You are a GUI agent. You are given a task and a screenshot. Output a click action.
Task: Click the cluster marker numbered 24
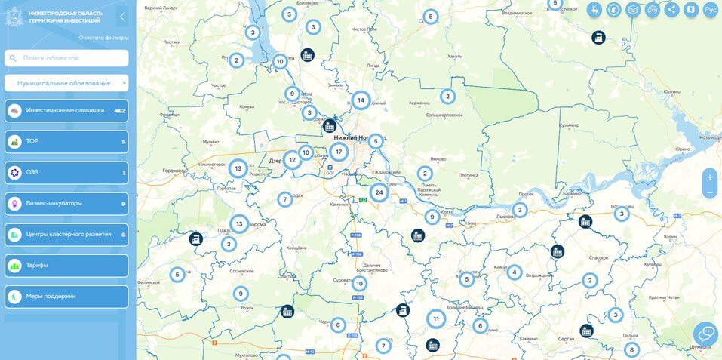(x=379, y=192)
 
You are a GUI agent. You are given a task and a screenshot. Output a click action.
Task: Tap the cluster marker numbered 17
(x=339, y=152)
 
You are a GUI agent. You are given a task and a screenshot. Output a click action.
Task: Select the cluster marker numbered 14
(x=361, y=100)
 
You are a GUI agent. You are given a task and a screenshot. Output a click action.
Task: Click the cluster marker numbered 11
(x=436, y=319)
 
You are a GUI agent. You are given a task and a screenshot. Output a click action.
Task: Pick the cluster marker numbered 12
(x=292, y=160)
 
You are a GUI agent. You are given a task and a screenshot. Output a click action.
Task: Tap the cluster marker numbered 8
(x=631, y=350)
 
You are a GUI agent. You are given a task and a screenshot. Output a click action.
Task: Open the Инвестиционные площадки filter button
(x=66, y=111)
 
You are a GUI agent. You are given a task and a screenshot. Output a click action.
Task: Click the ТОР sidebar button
(x=66, y=141)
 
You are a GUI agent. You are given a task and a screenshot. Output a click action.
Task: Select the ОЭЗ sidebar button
(x=66, y=173)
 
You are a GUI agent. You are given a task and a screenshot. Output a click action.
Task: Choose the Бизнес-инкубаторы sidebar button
(x=66, y=203)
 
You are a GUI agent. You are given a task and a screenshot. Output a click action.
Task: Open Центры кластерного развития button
(x=66, y=235)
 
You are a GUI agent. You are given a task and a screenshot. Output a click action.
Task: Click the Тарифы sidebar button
(x=66, y=266)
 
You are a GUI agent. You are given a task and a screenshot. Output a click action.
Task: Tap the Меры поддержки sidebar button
(x=66, y=297)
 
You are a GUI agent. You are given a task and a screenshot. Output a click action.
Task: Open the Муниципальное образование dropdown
(x=66, y=83)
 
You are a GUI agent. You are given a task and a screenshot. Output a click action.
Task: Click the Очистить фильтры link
(x=103, y=38)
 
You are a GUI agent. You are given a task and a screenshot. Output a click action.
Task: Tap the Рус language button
(x=710, y=10)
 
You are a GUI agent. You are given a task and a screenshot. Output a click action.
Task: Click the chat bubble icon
(x=706, y=333)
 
